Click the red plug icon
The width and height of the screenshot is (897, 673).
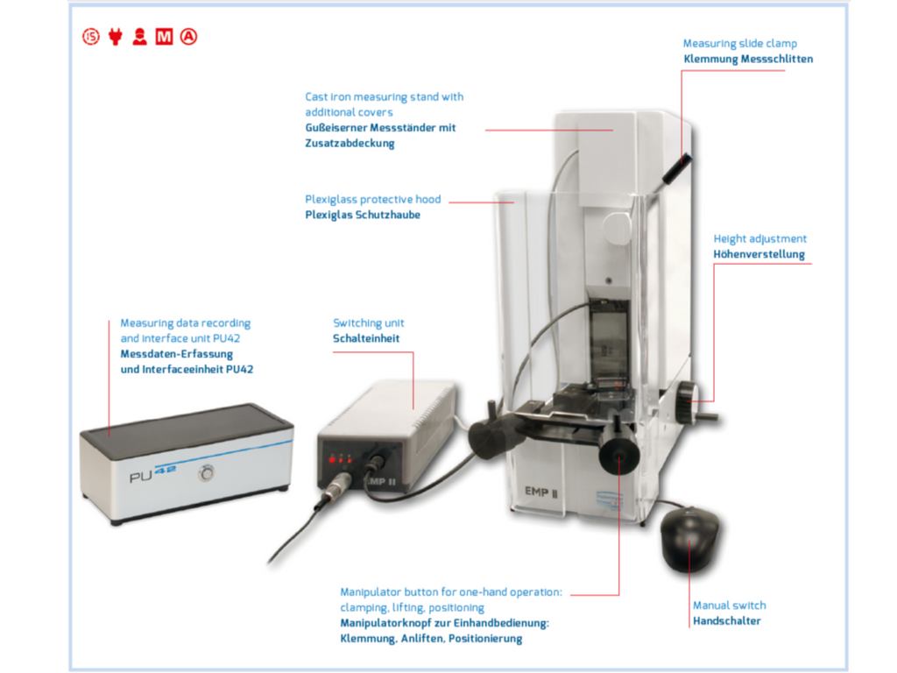click(116, 37)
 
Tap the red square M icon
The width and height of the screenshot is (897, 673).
click(164, 37)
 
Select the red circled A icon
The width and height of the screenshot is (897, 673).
click(189, 37)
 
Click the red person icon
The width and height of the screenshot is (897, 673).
click(139, 37)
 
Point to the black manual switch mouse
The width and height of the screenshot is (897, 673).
click(690, 539)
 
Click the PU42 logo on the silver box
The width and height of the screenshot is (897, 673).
click(152, 473)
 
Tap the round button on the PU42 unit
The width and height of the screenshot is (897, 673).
click(207, 472)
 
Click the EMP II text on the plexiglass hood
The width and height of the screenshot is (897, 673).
click(541, 492)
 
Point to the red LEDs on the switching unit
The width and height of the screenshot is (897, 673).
click(340, 459)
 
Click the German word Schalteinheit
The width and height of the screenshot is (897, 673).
click(366, 338)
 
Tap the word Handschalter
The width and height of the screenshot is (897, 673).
click(726, 621)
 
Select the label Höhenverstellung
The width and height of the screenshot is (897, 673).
click(759, 254)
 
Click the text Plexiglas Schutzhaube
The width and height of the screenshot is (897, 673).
click(363, 215)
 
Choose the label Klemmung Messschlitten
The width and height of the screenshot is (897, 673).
click(748, 59)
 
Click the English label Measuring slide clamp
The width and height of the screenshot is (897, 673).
click(739, 44)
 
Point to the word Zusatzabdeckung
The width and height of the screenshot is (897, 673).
click(350, 143)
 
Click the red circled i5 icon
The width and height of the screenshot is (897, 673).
click(91, 37)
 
